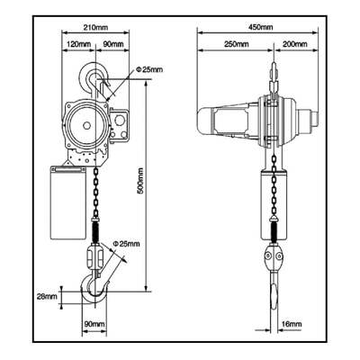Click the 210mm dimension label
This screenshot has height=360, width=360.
pos(95,27)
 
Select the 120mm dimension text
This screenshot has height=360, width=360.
pos(78,44)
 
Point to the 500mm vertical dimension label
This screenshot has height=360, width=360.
pos(139,184)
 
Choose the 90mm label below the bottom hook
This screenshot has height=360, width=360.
pos(94,324)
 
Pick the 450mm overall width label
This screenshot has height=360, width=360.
pos(261,27)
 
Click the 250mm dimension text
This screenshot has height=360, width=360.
pos(237,44)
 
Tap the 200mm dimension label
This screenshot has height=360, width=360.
pos(295,44)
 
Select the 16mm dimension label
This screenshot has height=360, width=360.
pos(292,324)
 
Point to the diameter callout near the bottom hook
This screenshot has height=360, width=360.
pos(126,244)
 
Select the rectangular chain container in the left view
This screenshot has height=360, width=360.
pos(68,202)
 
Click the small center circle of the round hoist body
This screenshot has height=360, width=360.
pos(86,125)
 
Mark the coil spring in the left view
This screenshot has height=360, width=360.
pos(95,231)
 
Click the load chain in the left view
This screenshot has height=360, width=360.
pos(95,193)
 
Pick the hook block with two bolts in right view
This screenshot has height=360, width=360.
pos(274,256)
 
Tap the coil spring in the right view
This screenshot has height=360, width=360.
pos(274,231)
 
